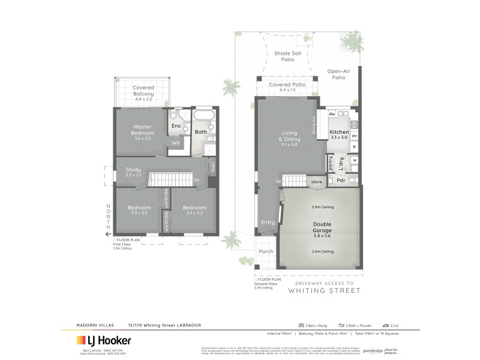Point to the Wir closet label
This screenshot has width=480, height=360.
[176, 143]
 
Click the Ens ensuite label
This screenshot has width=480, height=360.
[176, 126]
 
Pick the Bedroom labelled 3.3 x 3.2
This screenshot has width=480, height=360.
[194, 210]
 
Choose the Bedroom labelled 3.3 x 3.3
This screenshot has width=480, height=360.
[138, 210]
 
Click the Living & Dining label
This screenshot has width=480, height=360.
[290, 137]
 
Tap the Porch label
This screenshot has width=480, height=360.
[265, 251]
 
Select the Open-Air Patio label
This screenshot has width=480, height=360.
[338, 74]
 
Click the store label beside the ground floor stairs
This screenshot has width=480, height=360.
[316, 181]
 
